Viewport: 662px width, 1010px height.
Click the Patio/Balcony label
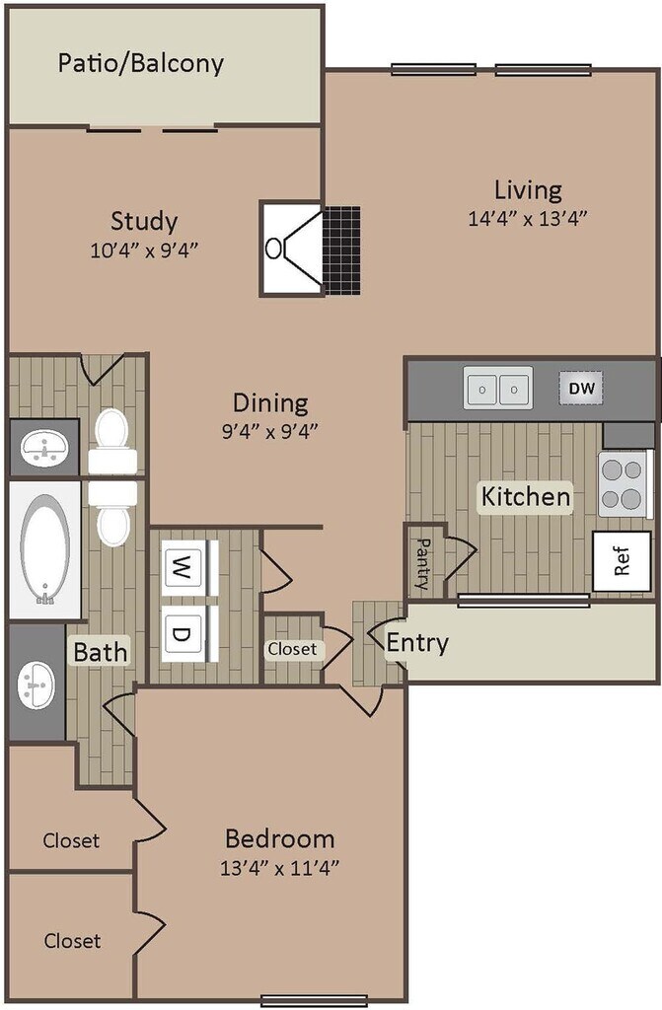(x=140, y=63)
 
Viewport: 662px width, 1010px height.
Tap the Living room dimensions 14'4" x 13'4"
(x=528, y=219)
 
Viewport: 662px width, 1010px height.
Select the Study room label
(x=144, y=221)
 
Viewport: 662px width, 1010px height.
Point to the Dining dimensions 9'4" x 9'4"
(x=270, y=431)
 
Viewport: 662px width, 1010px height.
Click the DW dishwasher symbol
(x=581, y=388)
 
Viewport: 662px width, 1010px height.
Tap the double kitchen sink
(x=498, y=388)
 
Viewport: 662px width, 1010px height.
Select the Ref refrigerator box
(x=622, y=561)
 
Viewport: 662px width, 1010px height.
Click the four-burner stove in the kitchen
(x=622, y=483)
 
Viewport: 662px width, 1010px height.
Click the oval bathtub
(x=45, y=549)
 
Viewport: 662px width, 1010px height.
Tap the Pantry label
(x=423, y=564)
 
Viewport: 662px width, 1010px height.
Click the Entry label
(x=417, y=642)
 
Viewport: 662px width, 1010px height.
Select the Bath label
(x=101, y=652)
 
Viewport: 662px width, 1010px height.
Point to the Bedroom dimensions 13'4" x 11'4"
(x=280, y=868)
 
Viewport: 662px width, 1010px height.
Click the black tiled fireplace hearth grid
(x=341, y=251)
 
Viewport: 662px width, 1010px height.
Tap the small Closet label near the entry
(x=293, y=649)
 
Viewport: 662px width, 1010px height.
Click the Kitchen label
(x=526, y=497)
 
